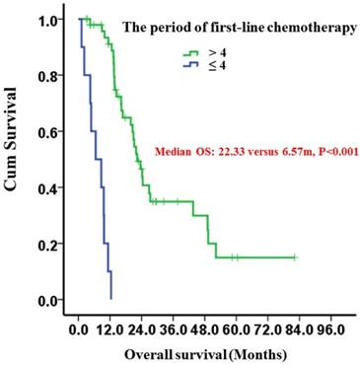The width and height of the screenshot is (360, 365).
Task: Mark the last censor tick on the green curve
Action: tap(294, 257)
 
